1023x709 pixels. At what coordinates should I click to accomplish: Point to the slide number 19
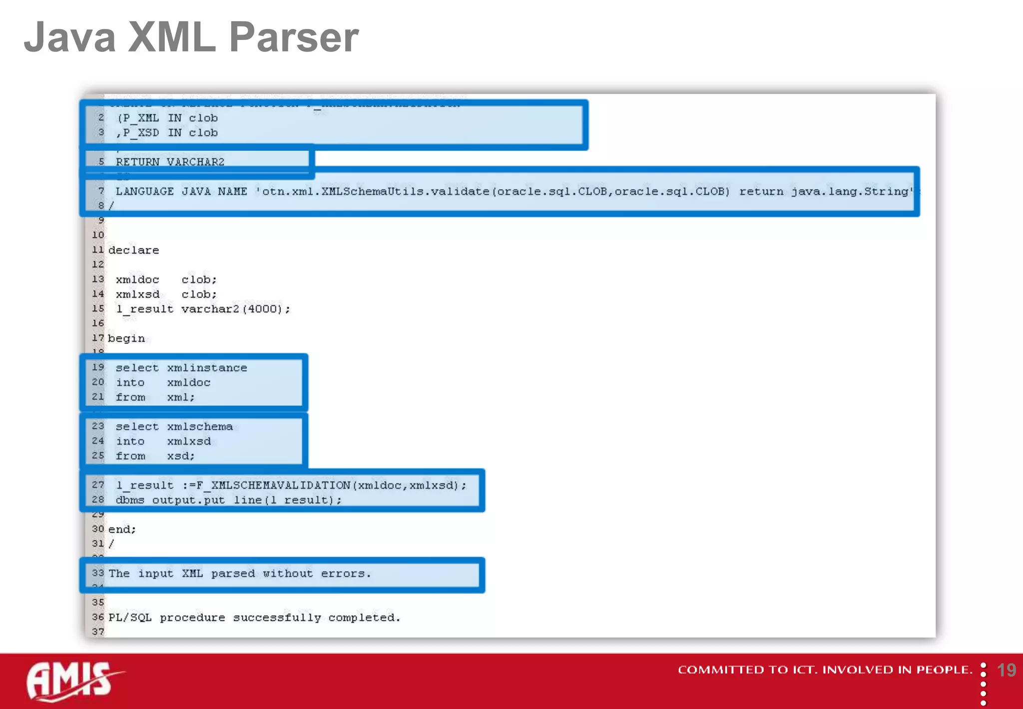[1006, 670]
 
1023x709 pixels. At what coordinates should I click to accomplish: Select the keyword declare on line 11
[133, 250]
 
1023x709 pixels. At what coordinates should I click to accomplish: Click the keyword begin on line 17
[126, 338]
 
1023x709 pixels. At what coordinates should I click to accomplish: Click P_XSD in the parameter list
[141, 133]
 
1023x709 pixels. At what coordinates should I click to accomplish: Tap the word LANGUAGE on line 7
[144, 191]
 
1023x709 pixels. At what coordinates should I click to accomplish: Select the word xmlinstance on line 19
[207, 368]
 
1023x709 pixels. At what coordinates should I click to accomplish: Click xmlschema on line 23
[200, 427]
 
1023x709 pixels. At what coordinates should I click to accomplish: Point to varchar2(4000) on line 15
[235, 309]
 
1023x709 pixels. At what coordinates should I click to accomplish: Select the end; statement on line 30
[122, 529]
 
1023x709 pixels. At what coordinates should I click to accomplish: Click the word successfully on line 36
[277, 618]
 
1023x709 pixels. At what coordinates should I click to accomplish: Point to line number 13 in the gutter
[98, 279]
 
